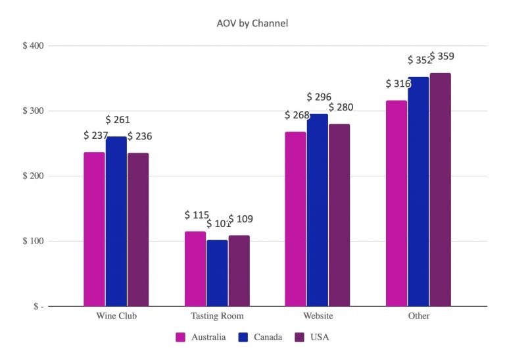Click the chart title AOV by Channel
tap(252, 24)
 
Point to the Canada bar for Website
tap(318, 210)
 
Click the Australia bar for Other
tap(397, 203)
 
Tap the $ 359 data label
tap(442, 56)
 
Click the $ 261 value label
tap(118, 120)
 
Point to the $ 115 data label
tap(197, 215)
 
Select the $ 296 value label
tap(319, 97)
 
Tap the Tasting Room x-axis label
tap(217, 316)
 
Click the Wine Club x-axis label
tap(116, 316)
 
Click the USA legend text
tap(319, 338)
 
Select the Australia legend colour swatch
tap(181, 338)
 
